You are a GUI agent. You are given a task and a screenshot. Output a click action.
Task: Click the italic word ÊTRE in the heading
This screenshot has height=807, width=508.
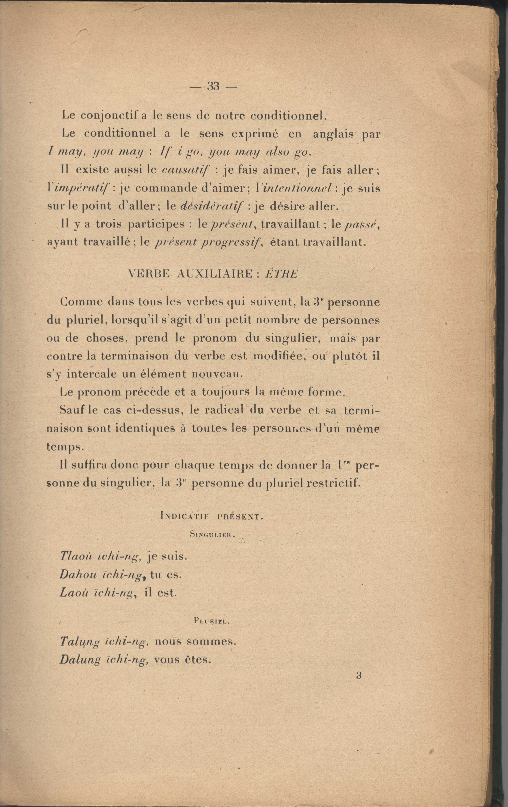[281, 274]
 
